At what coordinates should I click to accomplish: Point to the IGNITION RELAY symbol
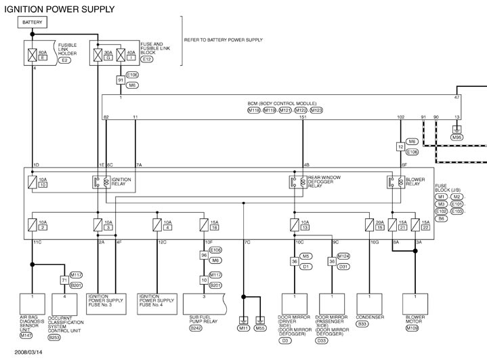(x=98, y=182)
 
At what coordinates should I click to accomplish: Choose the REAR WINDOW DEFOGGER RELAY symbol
(x=294, y=182)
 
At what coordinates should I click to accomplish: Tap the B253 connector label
(x=55, y=337)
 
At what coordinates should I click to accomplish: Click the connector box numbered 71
(x=47, y=279)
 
